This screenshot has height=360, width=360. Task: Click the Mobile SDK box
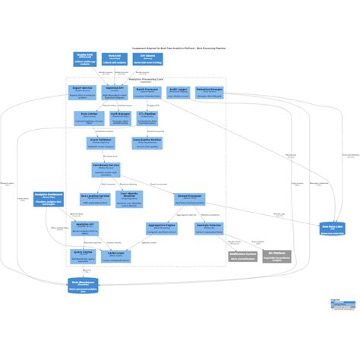point(85,59)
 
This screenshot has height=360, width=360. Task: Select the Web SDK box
point(115,59)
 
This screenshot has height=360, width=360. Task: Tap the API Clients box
point(148,59)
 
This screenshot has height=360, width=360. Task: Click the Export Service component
point(83,92)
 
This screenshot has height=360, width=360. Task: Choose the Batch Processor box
point(147,92)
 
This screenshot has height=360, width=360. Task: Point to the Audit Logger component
point(178,92)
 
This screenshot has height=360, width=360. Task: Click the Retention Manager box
point(209,92)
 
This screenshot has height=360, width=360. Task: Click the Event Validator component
point(101,143)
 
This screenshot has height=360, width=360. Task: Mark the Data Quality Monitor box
point(147,143)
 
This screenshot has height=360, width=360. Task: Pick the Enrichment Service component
point(106,169)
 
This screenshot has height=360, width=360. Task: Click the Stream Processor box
point(190,199)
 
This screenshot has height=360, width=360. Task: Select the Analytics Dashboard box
point(49,199)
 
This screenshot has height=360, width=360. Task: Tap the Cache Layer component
point(116,256)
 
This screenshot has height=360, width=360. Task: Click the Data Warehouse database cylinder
point(83,285)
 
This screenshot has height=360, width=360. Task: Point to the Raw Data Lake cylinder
point(332,228)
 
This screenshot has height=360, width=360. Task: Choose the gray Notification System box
point(243,256)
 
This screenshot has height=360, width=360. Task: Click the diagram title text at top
point(179,46)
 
